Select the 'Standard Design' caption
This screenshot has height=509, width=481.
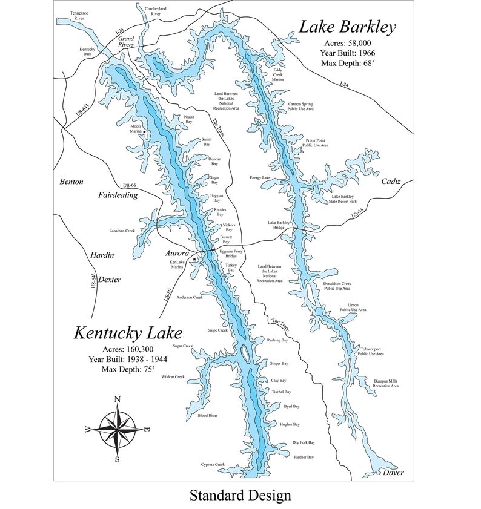(x=240, y=495)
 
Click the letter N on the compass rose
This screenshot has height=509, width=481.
(x=117, y=399)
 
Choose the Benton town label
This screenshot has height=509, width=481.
(x=71, y=182)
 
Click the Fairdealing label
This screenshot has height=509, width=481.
(x=118, y=195)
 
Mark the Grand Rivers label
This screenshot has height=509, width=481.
(x=125, y=41)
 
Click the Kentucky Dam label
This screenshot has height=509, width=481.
(x=88, y=51)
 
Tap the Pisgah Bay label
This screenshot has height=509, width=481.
(x=189, y=120)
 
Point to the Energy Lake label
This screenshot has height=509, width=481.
(x=259, y=178)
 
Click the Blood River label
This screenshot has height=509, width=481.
(x=207, y=416)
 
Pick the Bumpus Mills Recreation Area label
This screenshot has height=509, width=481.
(x=385, y=383)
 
